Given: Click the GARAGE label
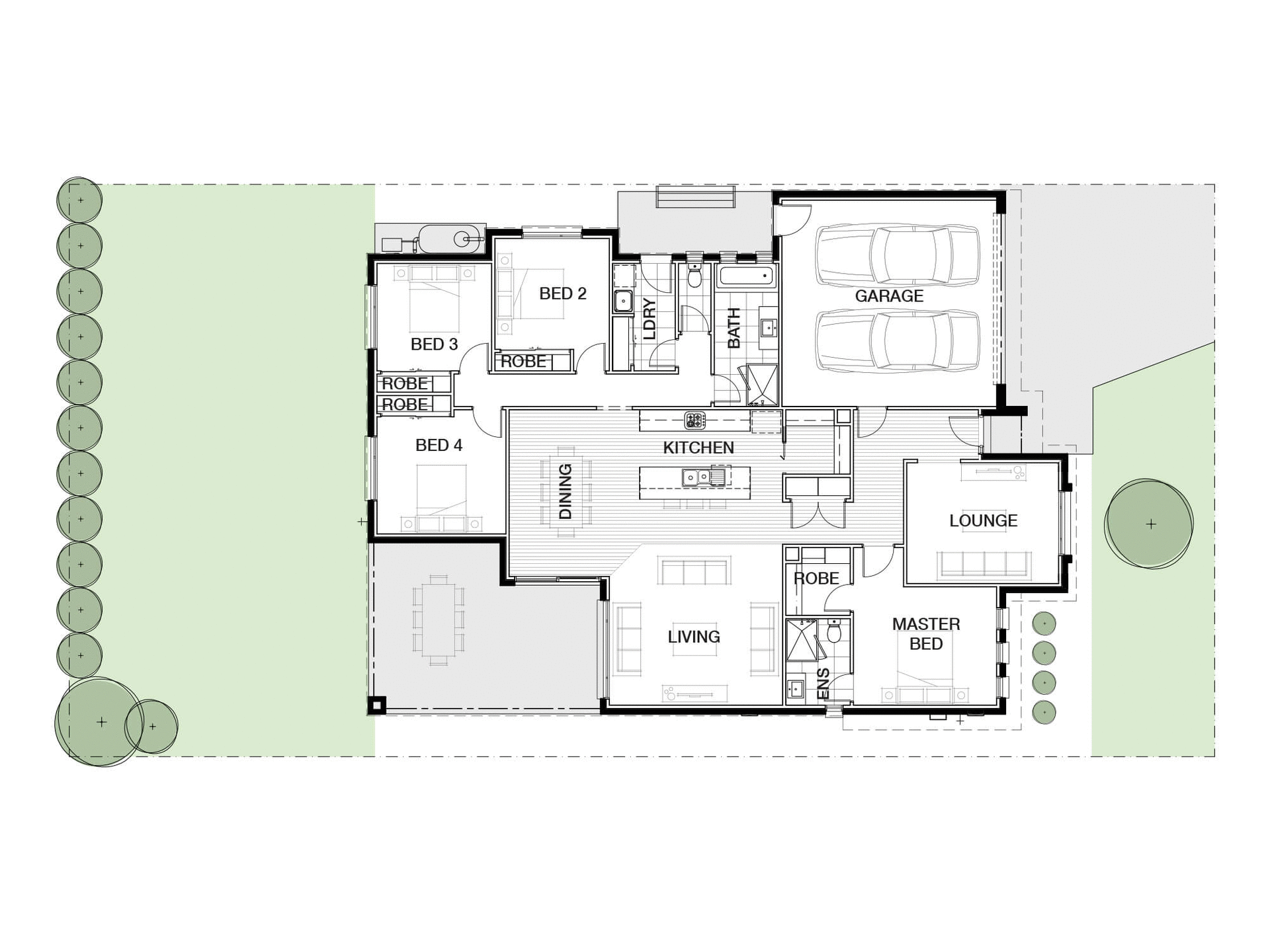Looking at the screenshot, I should pyautogui.click(x=888, y=296).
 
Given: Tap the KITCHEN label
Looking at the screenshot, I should pyautogui.click(x=698, y=448).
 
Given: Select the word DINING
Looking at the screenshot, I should pyautogui.click(x=565, y=491).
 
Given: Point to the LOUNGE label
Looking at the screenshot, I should pyautogui.click(x=983, y=521).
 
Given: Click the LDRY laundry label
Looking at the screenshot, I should pyautogui.click(x=650, y=319).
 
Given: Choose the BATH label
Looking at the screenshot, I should pyautogui.click(x=734, y=328).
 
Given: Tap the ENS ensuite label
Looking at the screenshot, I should pyautogui.click(x=824, y=684).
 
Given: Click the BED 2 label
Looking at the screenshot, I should pyautogui.click(x=562, y=294).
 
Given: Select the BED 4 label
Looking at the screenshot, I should pyautogui.click(x=439, y=446).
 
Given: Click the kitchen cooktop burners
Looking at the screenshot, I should pyautogui.click(x=695, y=420).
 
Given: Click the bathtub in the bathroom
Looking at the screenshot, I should pyautogui.click(x=745, y=276).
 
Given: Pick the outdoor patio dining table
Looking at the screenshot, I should pyautogui.click(x=438, y=619).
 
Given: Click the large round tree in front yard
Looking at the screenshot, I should pyautogui.click(x=1150, y=524).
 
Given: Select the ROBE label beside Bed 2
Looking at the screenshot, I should pyautogui.click(x=524, y=362).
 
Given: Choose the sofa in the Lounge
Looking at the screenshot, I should pyautogui.click(x=984, y=563).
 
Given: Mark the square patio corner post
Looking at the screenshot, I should pyautogui.click(x=377, y=705).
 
